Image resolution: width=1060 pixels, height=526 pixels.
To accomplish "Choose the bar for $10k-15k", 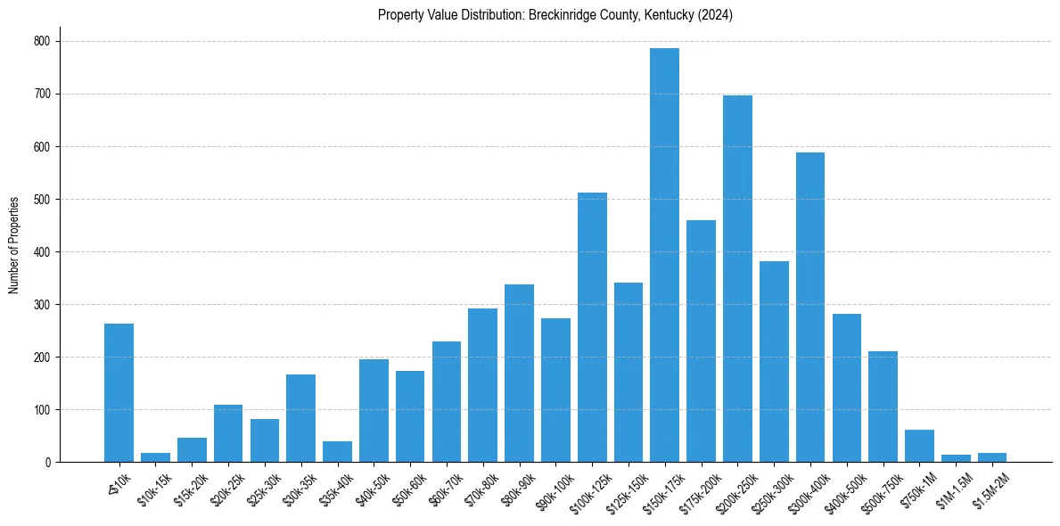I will point(155,457).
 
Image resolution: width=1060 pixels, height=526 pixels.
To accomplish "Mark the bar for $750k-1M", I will point(919,446).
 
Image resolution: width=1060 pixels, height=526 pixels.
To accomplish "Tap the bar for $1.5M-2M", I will point(992,457).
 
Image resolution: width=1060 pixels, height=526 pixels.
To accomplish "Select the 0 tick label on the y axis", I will point(48,462).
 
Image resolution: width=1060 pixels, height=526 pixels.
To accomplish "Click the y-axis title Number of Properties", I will point(13,245).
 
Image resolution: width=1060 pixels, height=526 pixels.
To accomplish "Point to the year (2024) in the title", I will point(715,15).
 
